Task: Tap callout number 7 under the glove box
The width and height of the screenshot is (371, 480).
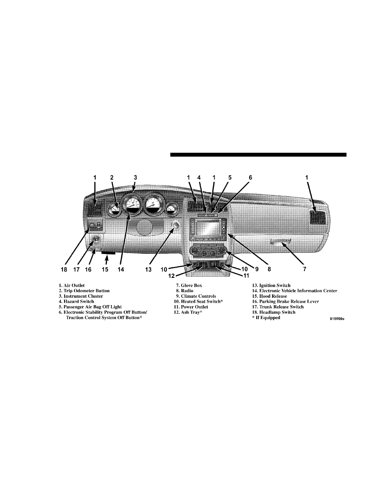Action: [304, 269]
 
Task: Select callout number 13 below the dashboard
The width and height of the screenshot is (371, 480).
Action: [149, 269]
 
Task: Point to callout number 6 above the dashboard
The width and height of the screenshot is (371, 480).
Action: [250, 177]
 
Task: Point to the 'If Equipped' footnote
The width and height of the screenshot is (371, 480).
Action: [266, 318]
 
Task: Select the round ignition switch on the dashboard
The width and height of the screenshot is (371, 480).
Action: [176, 225]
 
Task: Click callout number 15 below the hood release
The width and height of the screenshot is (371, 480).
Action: [105, 269]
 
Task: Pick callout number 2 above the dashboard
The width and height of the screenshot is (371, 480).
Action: [112, 177]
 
